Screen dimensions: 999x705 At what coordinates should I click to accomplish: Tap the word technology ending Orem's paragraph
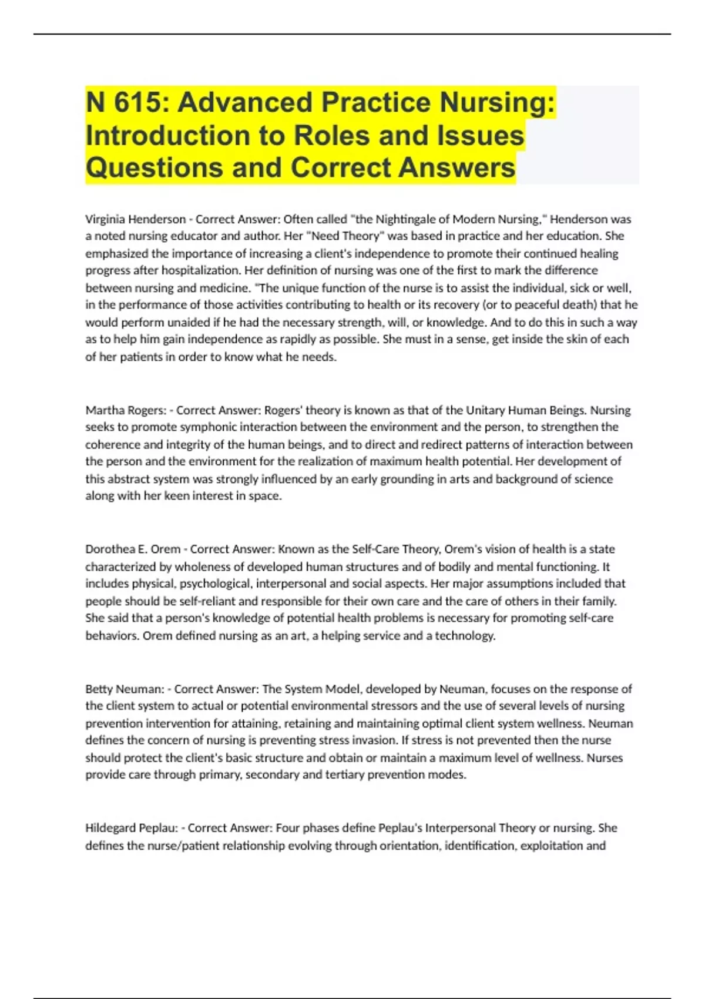tap(465, 636)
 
